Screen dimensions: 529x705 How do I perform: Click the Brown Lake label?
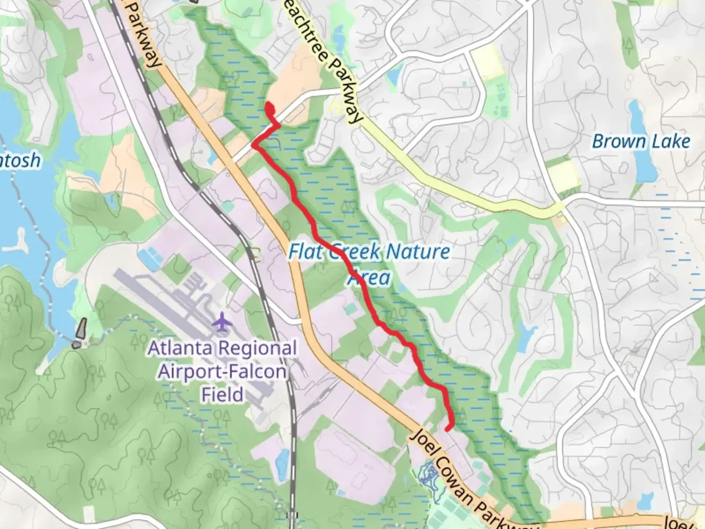click(x=641, y=142)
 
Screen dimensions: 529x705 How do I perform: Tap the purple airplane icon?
click(x=223, y=323)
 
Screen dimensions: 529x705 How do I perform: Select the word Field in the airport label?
click(x=222, y=394)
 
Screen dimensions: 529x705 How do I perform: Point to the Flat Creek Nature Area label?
click(x=369, y=264)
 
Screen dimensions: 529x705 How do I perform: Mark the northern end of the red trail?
click(x=268, y=105)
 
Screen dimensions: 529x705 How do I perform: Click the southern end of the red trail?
click(x=447, y=429)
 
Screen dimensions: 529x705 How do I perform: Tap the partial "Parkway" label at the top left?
click(x=144, y=34)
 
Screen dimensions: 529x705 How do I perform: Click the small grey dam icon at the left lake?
click(x=80, y=334)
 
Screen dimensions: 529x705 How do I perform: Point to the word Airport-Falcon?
click(x=222, y=371)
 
